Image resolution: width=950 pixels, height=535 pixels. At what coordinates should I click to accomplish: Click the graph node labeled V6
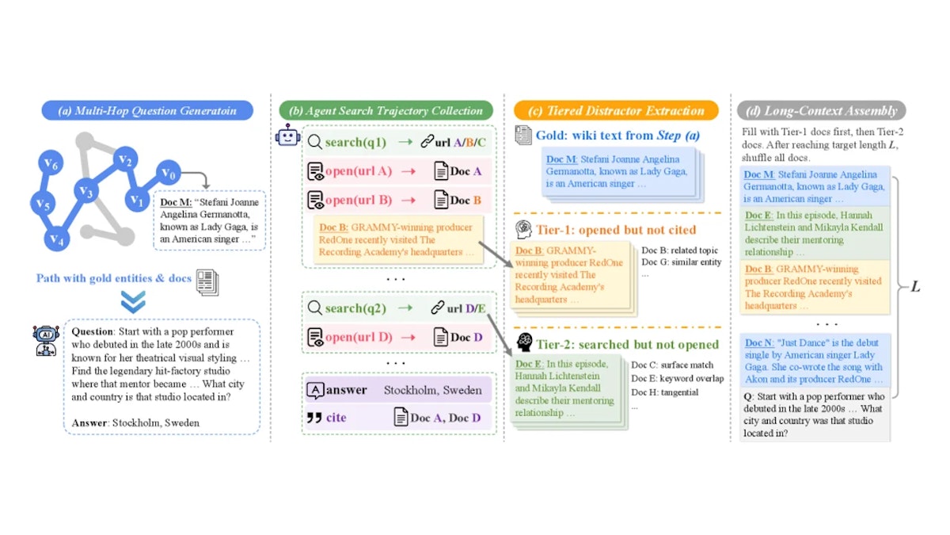(51, 163)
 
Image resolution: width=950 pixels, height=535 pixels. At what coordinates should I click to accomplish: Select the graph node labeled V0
(169, 174)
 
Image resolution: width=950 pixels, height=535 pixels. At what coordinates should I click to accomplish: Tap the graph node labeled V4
(57, 239)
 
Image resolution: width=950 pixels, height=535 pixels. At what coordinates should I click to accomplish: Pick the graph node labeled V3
(86, 192)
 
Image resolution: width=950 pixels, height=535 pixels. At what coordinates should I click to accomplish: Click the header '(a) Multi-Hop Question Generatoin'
(147, 110)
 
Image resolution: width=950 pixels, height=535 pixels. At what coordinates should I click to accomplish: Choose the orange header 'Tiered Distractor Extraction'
(616, 110)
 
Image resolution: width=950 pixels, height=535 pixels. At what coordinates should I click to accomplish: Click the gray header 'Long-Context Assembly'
(822, 110)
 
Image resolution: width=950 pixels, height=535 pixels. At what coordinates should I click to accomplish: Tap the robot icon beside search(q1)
(288, 136)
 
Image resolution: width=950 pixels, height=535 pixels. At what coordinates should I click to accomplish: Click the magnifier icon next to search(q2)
(315, 308)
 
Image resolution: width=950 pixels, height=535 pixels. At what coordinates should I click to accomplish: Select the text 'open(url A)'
(359, 170)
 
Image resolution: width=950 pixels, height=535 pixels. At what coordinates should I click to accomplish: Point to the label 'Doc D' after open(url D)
(466, 337)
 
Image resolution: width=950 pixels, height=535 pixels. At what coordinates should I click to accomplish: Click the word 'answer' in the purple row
(346, 390)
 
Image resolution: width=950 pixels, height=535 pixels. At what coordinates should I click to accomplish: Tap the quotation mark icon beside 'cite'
(314, 418)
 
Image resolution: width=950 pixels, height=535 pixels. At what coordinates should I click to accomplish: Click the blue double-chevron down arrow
(133, 301)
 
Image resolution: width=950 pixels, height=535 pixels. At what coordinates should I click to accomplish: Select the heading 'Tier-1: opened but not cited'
(616, 230)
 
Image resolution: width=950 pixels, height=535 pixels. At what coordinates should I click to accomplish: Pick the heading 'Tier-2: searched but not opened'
(628, 344)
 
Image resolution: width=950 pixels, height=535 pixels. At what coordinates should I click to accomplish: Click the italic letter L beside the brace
(915, 287)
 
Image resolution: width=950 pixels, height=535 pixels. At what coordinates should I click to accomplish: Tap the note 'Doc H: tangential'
(664, 392)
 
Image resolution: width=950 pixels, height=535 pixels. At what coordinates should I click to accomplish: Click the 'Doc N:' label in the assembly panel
(759, 342)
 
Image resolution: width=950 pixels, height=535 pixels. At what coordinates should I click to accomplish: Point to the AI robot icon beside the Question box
(46, 341)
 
